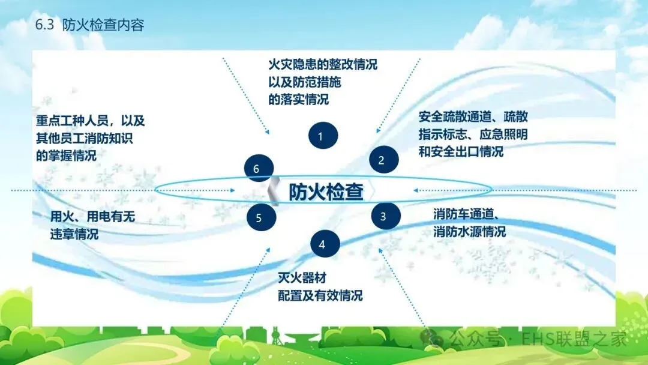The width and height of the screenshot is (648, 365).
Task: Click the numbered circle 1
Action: click(323, 136)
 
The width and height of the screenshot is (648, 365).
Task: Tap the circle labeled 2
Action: click(381, 160)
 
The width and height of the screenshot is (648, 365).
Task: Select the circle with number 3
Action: click(383, 217)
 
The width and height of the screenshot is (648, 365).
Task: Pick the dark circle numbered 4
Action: click(322, 244)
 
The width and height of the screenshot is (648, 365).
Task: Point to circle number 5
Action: click(259, 217)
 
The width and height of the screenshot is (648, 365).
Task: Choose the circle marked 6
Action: click(256, 169)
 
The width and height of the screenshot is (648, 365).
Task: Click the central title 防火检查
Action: click(326, 192)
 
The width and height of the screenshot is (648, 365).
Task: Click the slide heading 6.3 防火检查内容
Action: click(90, 26)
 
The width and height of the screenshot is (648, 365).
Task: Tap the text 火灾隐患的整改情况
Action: click(322, 64)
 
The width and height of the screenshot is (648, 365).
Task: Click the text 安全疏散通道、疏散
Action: click(473, 116)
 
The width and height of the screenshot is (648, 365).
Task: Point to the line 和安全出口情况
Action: click(461, 151)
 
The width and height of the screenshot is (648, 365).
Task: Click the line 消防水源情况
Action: click(469, 231)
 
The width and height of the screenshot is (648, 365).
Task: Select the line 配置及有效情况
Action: click(320, 295)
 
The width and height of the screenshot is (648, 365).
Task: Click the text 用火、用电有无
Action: click(92, 217)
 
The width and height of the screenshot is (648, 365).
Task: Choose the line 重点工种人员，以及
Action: click(91, 120)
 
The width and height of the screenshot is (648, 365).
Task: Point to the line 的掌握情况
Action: click(67, 155)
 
